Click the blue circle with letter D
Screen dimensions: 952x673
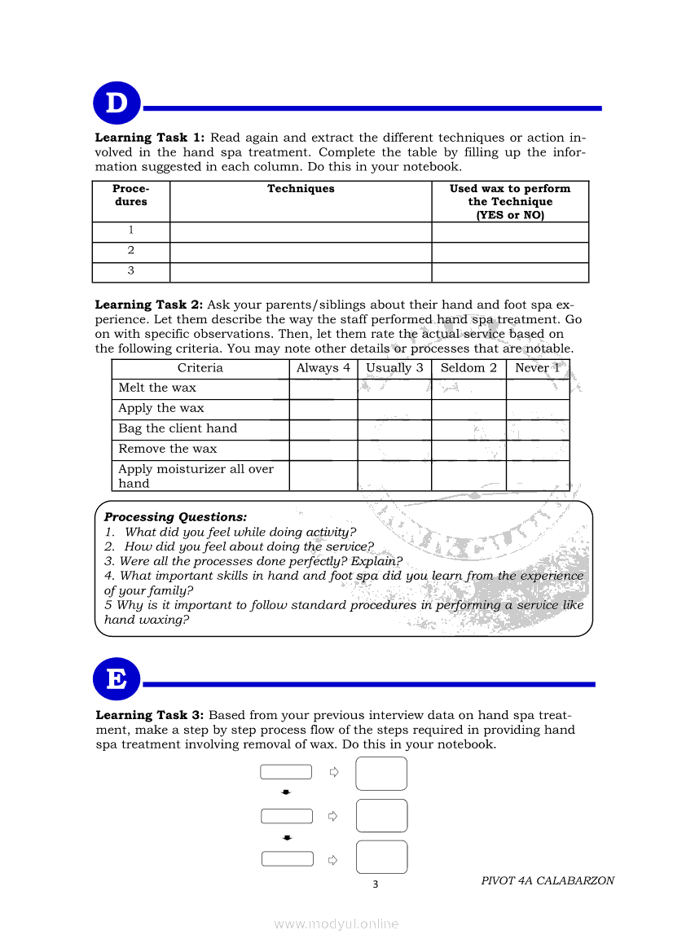(x=117, y=104)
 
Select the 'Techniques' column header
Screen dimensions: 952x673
(x=301, y=189)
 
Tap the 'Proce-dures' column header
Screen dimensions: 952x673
(x=131, y=195)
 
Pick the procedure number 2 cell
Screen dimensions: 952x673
(x=131, y=251)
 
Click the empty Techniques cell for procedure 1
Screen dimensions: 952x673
(x=301, y=231)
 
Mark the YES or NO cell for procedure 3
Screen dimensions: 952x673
(x=510, y=272)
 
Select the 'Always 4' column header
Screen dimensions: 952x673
(x=323, y=368)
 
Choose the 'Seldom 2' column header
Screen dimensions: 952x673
(x=468, y=368)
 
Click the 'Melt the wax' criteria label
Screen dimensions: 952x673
(x=157, y=388)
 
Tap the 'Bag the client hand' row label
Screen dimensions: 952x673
(x=178, y=429)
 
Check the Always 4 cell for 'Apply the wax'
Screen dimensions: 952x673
(x=323, y=409)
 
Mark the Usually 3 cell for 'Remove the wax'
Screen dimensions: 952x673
(x=394, y=450)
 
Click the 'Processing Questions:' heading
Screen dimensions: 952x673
(x=175, y=517)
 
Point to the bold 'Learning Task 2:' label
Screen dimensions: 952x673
(x=149, y=305)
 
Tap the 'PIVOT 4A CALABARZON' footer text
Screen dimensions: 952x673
(x=548, y=880)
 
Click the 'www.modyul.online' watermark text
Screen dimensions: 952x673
(x=336, y=923)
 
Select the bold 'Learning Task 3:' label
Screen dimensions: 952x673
(x=150, y=715)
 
